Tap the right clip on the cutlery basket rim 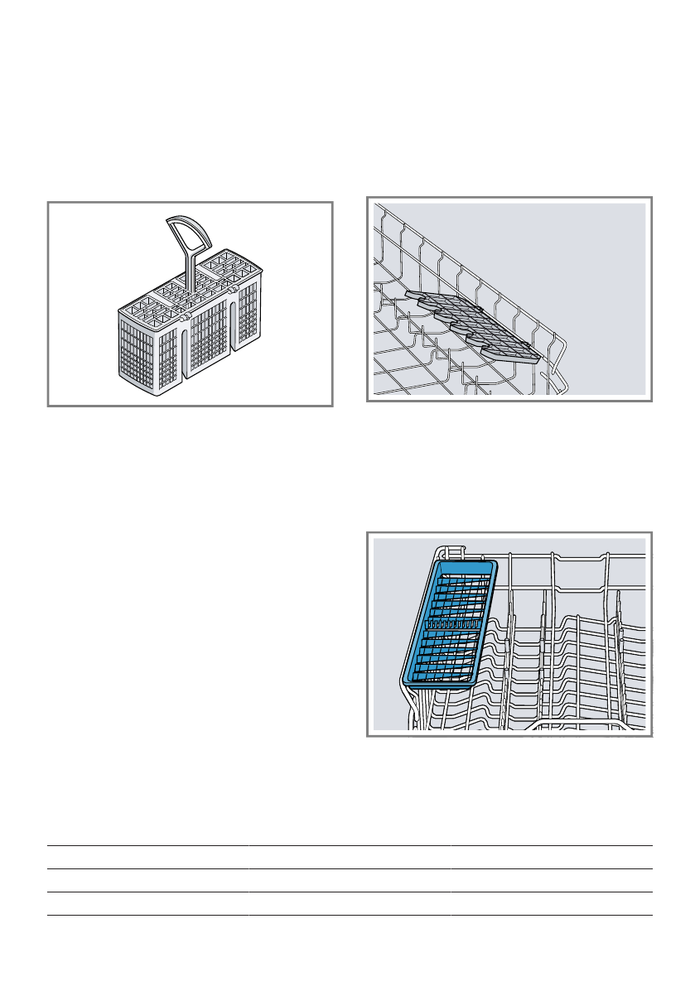tap(233, 289)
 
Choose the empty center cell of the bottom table tap(350, 880)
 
